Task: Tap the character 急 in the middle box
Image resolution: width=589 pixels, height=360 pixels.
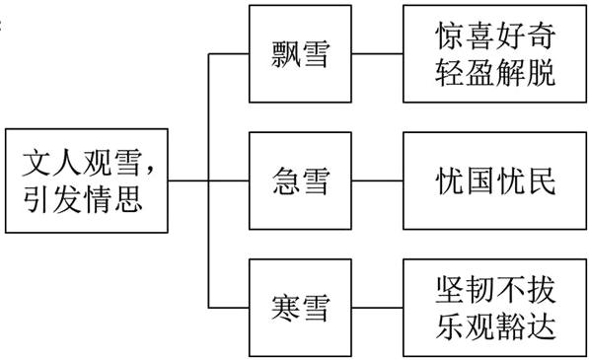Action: coord(285,181)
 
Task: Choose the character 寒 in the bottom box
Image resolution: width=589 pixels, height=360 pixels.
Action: coord(285,308)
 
